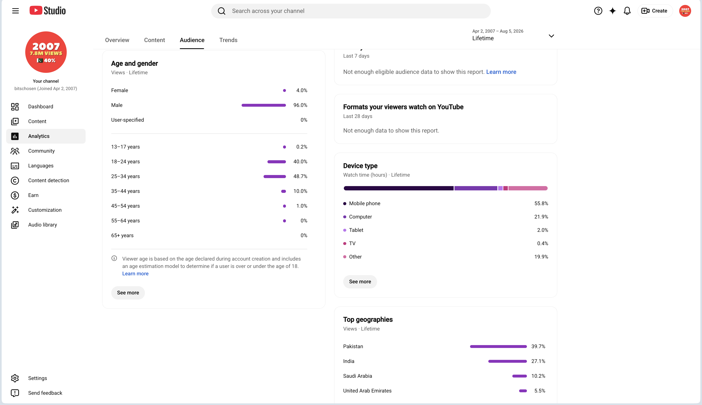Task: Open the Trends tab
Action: point(228,40)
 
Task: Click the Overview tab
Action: point(117,40)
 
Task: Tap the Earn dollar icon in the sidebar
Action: point(15,195)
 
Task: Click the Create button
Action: point(655,11)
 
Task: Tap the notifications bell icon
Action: point(627,11)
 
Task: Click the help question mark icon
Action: point(598,11)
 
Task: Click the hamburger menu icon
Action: point(16,11)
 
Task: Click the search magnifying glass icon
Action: point(221,11)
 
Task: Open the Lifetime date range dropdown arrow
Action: point(551,36)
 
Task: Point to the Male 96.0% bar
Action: point(264,105)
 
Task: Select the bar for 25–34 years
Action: point(275,176)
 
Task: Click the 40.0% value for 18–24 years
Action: point(300,162)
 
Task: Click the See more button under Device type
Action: point(360,281)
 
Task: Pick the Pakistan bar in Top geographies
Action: point(498,346)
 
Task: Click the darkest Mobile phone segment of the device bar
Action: point(398,188)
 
